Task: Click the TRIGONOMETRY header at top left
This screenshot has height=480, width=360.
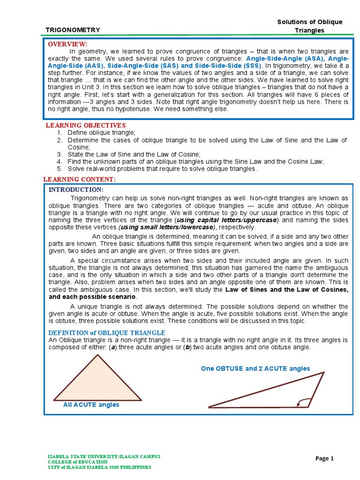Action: [x=73, y=30]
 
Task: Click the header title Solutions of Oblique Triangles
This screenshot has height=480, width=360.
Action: [x=310, y=26]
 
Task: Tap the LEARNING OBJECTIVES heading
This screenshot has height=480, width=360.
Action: [x=86, y=125]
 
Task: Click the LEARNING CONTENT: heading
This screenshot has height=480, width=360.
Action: [x=79, y=180]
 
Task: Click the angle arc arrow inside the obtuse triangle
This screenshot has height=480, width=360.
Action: [x=304, y=401]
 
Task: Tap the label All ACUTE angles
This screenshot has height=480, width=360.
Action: [x=91, y=405]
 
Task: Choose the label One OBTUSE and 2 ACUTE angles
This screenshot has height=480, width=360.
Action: [x=255, y=368]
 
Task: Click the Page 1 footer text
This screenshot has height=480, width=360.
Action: [x=325, y=458]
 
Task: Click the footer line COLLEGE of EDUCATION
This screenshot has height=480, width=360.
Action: [x=77, y=462]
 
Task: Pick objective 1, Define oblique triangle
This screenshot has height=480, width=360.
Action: [x=101, y=133]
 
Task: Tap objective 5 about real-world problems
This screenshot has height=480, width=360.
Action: [x=162, y=168]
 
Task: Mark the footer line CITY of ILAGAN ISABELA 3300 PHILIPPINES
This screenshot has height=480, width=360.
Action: [x=99, y=467]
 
